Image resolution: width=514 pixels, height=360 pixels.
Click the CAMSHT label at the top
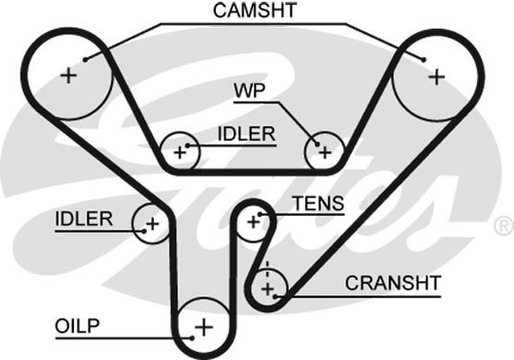click(x=255, y=10)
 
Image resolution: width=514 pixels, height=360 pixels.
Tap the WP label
click(x=249, y=90)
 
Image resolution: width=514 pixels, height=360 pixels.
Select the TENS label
click(x=319, y=203)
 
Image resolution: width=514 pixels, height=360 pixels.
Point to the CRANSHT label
click(x=392, y=283)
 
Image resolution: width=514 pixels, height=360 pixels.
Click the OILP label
click(x=77, y=326)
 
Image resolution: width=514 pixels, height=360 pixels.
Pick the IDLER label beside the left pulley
click(x=84, y=219)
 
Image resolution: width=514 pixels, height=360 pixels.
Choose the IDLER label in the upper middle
click(x=247, y=134)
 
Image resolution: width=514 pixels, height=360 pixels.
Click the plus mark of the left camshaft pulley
click(x=68, y=76)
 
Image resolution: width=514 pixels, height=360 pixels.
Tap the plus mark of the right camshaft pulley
click(x=437, y=77)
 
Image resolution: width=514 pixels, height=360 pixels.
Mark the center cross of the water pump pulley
click(x=325, y=152)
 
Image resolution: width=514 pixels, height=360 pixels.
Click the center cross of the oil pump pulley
click(x=204, y=327)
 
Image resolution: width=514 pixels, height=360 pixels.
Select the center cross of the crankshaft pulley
click(x=268, y=289)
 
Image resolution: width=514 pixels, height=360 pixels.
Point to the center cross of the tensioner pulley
click(x=253, y=222)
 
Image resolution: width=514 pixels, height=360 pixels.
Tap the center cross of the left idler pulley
click(x=152, y=224)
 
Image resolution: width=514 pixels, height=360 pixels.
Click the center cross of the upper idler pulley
click(x=180, y=152)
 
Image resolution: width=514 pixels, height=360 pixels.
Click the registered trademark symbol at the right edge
click(x=504, y=226)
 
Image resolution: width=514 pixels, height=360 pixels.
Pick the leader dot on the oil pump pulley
click(x=193, y=338)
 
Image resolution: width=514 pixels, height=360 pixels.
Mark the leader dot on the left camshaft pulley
click(x=86, y=59)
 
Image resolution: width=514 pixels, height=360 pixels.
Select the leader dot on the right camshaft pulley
click(x=423, y=59)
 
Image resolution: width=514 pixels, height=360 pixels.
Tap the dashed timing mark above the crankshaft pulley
click(x=267, y=269)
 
